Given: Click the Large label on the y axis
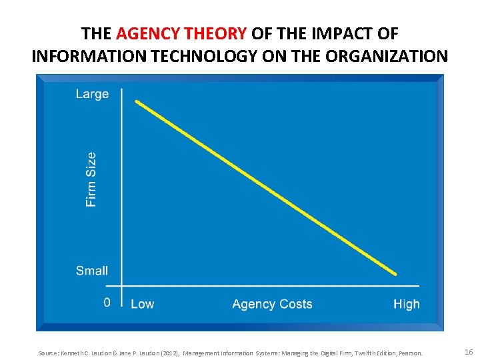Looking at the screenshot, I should pyautogui.click(x=92, y=94).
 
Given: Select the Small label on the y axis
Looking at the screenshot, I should pyautogui.click(x=92, y=271).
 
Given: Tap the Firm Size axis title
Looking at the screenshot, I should pyautogui.click(x=91, y=179).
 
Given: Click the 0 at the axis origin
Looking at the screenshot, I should pyautogui.click(x=107, y=303).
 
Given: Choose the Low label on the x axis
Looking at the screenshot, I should pyautogui.click(x=142, y=304).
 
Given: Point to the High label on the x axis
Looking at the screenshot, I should pyautogui.click(x=406, y=304).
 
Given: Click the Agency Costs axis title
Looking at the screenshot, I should pyautogui.click(x=272, y=304).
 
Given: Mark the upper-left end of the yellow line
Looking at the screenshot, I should pyautogui.click(x=137, y=102).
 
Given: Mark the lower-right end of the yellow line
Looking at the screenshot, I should pyautogui.click(x=395, y=273).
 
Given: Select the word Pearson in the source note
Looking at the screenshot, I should pyautogui.click(x=409, y=353).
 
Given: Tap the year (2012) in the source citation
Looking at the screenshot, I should pyautogui.click(x=167, y=353).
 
